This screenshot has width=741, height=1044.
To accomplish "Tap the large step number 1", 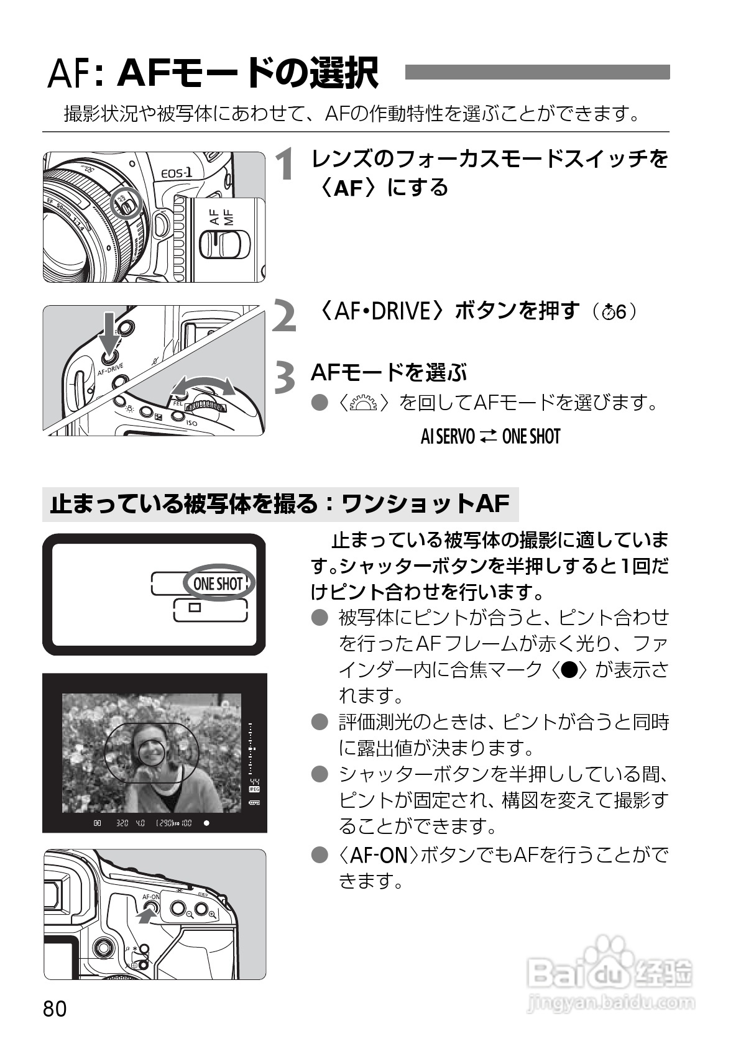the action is pyautogui.click(x=286, y=166).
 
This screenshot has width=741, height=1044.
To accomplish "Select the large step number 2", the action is pyautogui.click(x=285, y=317).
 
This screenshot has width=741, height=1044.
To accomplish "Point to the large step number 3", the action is pyautogui.click(x=285, y=378).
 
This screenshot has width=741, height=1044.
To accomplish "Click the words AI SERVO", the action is pyautogui.click(x=448, y=437).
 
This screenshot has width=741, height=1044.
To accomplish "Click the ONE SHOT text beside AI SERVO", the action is pyautogui.click(x=531, y=437).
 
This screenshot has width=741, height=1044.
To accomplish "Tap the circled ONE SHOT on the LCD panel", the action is pyautogui.click(x=218, y=584).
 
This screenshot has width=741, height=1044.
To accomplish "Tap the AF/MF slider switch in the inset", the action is pyautogui.click(x=224, y=244).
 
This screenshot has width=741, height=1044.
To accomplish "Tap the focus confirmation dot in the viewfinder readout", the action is pyautogui.click(x=206, y=823).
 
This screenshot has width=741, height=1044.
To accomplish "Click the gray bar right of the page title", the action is pyautogui.click(x=537, y=73).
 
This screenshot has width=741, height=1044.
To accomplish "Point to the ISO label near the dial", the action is pyautogui.click(x=191, y=423).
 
